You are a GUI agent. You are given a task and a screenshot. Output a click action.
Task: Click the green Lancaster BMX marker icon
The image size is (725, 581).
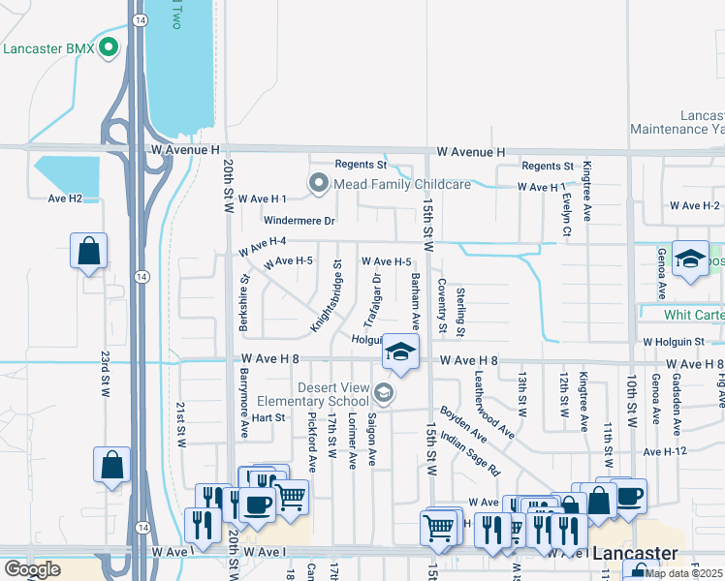click(109, 46)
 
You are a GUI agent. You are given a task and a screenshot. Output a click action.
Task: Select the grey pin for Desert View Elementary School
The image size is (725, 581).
click(385, 392)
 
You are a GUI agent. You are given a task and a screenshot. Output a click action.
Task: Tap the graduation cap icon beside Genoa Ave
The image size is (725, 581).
click(690, 260)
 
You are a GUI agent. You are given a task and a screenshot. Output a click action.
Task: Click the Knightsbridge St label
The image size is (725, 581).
click(327, 294)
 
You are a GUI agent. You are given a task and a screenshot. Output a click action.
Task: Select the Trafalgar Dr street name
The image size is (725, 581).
click(371, 299)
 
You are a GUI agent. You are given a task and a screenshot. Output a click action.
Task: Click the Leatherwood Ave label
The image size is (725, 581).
click(494, 399)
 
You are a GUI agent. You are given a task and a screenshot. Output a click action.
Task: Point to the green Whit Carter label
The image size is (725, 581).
click(693, 316)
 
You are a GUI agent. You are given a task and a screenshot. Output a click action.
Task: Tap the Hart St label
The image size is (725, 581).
click(268, 417)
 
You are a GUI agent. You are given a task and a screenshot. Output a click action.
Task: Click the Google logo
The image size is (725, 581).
click(32, 569)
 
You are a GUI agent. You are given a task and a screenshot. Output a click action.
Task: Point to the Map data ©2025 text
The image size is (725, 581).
click(684, 573)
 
